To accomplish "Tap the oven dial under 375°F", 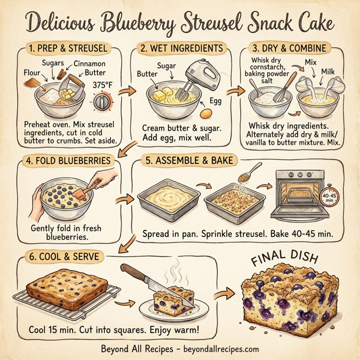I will tap(103, 103).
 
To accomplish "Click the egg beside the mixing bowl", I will tap(206, 112).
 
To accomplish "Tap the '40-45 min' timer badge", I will tap(329, 197).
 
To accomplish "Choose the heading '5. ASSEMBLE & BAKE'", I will tap(188, 161).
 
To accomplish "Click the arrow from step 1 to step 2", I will tap(124, 91).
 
